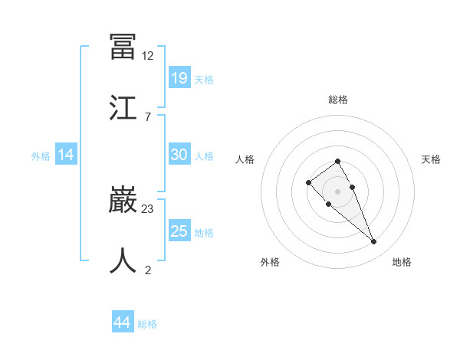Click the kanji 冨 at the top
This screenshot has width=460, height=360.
click(123, 47)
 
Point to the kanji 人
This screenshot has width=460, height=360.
click(123, 260)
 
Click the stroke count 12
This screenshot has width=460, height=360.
click(148, 56)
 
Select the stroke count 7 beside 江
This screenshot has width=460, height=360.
click(147, 116)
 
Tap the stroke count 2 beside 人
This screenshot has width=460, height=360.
click(147, 270)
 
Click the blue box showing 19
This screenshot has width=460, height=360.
click(179, 77)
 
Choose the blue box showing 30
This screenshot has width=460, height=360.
click(179, 155)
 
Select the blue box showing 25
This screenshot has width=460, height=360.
click(179, 231)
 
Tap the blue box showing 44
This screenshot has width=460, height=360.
click(123, 322)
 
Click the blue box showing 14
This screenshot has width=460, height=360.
click(66, 155)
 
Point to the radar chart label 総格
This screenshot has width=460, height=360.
click(338, 100)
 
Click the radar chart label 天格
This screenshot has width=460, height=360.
click(431, 159)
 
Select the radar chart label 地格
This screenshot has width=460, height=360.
click(402, 262)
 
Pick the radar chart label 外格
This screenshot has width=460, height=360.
click(270, 262)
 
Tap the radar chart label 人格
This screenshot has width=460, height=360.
click(245, 159)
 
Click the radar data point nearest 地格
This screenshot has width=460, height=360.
click(374, 242)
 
